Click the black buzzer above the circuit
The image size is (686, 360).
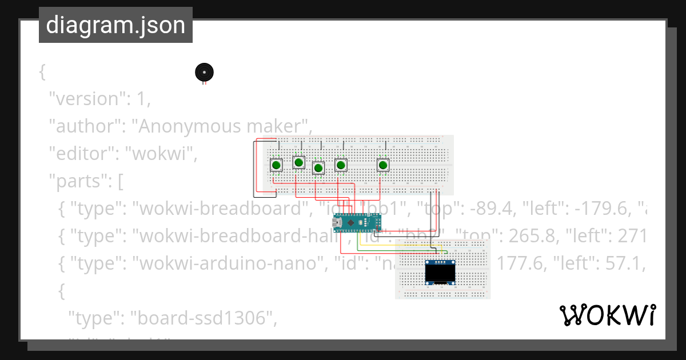[204, 72]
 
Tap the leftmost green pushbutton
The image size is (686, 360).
[276, 165]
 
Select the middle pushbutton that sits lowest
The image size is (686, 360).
[318, 168]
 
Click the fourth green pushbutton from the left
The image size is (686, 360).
[341, 165]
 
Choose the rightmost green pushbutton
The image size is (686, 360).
[383, 165]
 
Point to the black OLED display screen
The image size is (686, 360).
[440, 275]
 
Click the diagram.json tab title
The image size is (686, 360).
[115, 25]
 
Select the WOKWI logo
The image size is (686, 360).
[607, 315]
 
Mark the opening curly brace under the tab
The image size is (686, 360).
[42, 72]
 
